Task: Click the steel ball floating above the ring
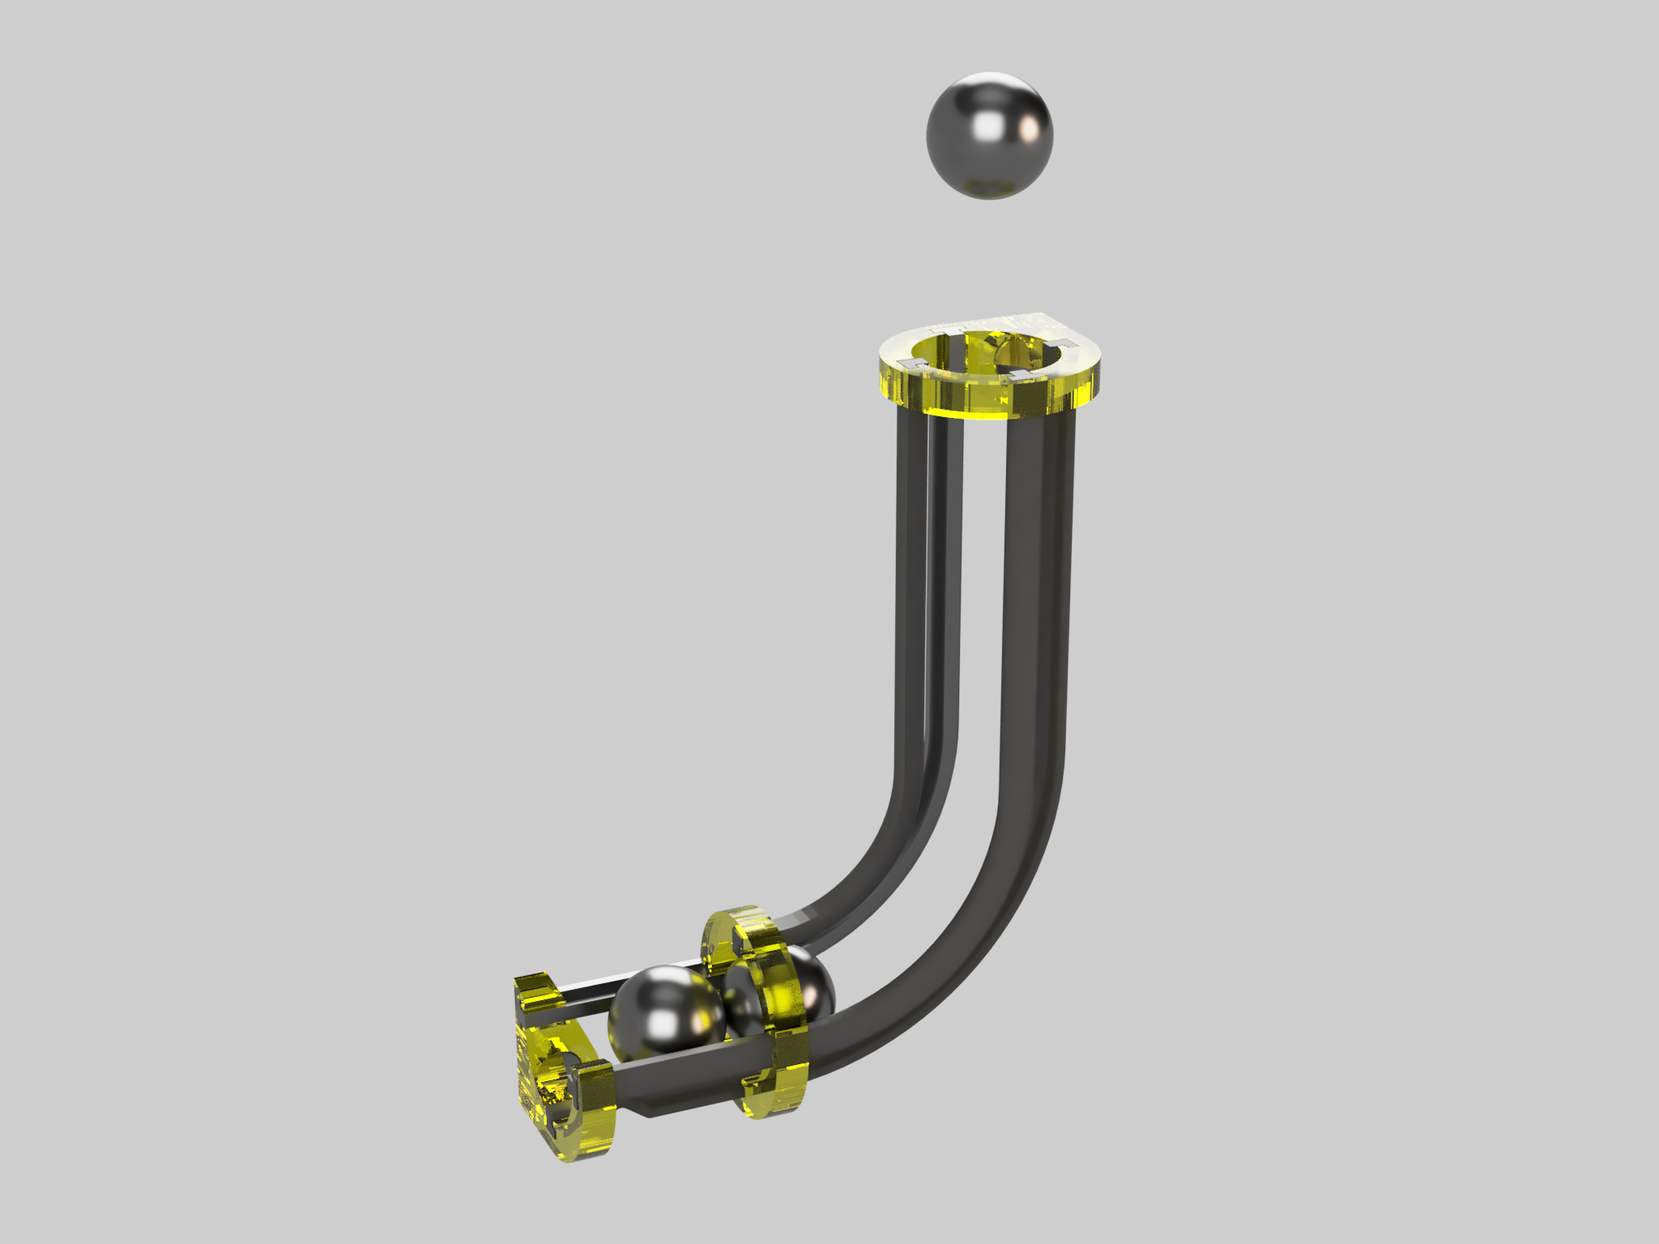pos(989,135)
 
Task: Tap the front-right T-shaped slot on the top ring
pos(1017,374)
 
